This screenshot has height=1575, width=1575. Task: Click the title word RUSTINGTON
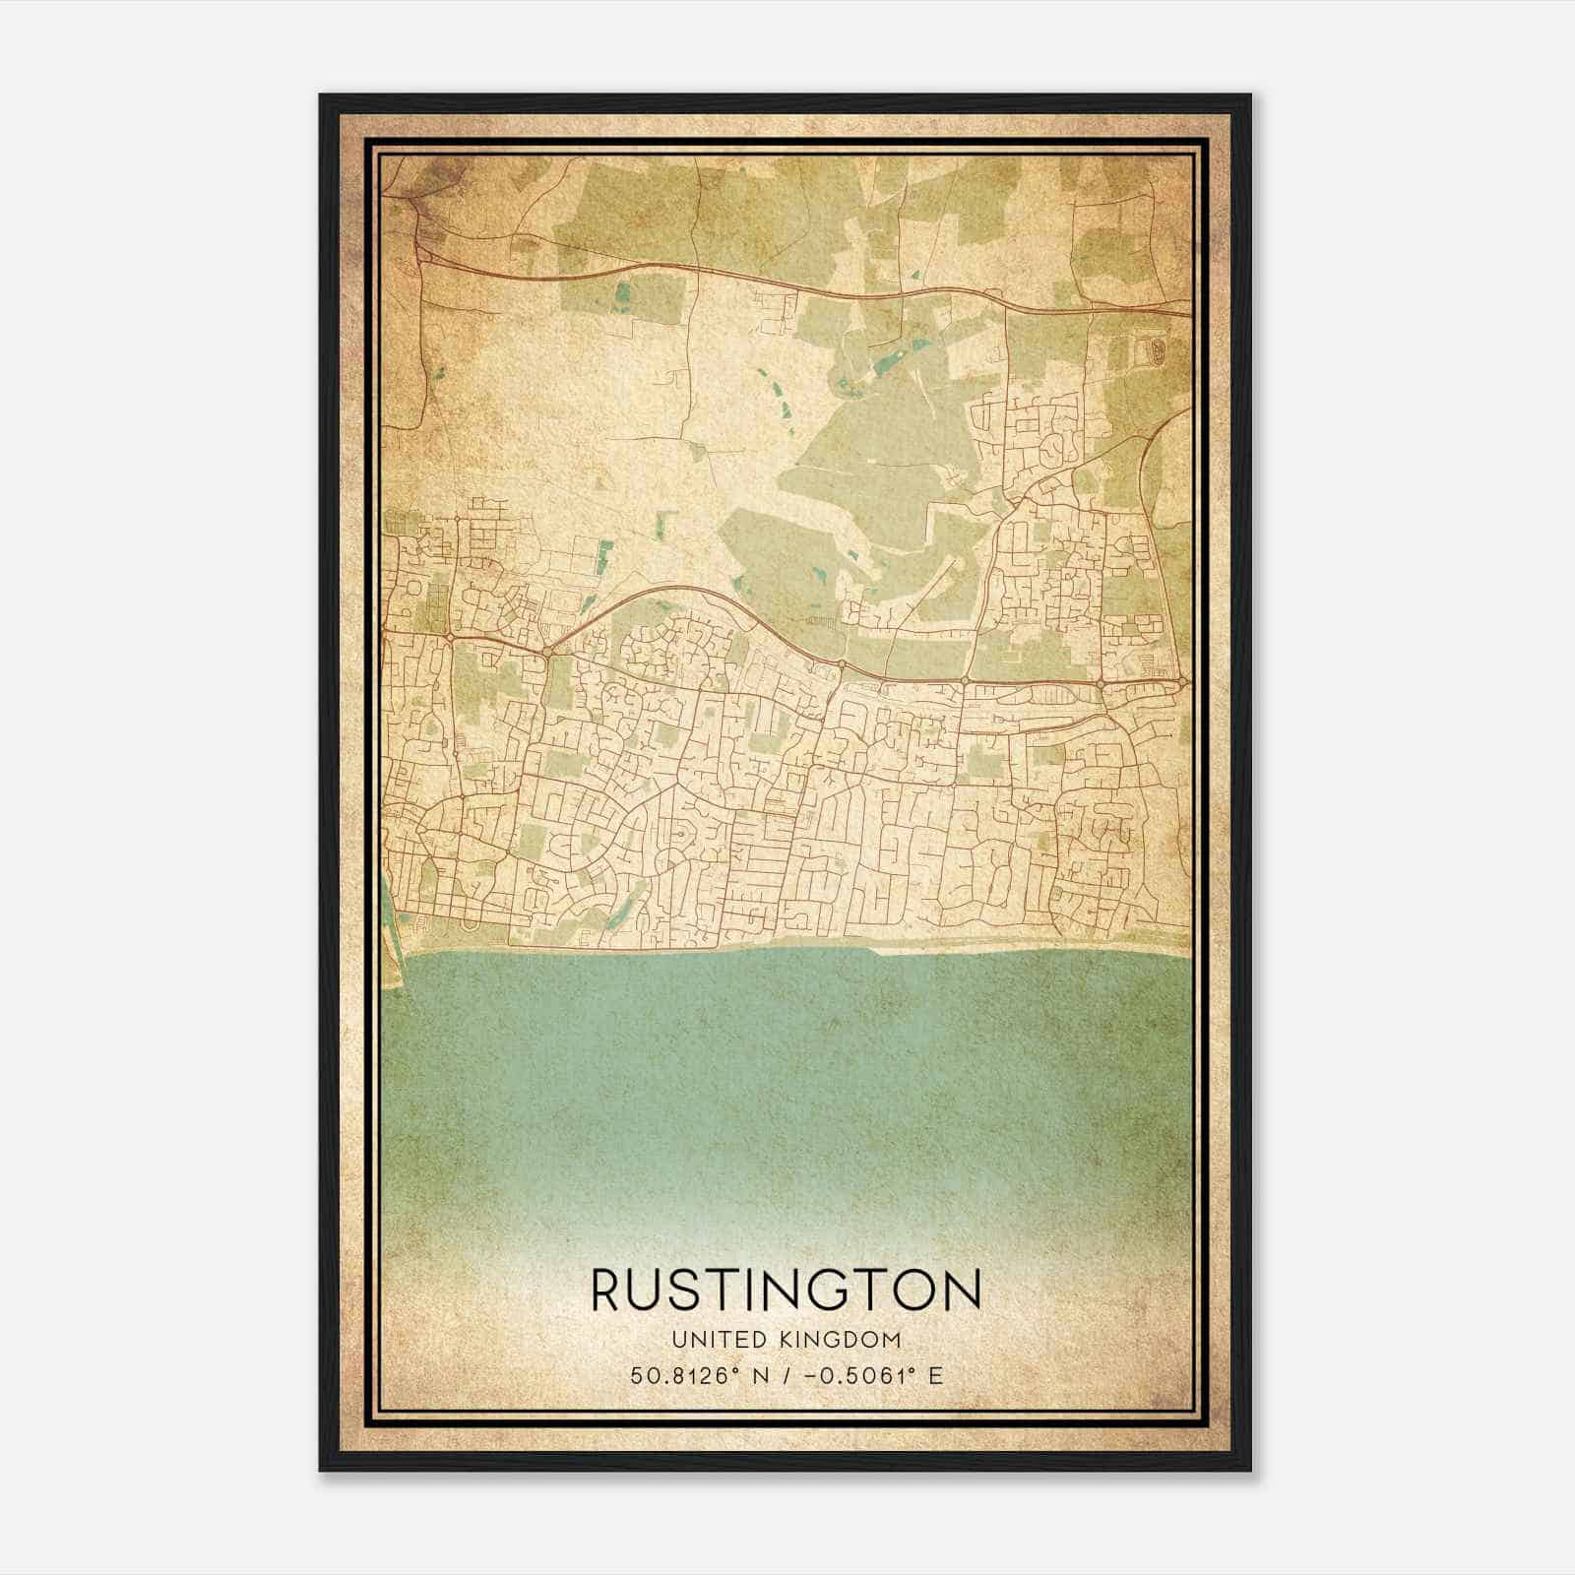click(x=787, y=1291)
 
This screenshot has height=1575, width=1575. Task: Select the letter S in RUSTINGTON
click(x=692, y=1291)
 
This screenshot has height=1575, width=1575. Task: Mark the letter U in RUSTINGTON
click(x=653, y=1291)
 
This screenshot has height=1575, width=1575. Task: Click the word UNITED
click(x=717, y=1340)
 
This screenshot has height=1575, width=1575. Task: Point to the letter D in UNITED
click(x=753, y=1340)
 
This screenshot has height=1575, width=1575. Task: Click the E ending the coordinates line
click(x=935, y=1375)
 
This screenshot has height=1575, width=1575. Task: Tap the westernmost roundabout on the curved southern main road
click(x=449, y=638)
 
